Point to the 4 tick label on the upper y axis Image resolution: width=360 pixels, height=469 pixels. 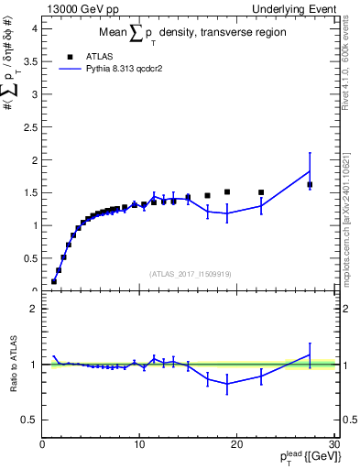coord(33,28)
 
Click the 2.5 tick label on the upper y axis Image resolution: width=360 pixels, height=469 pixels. coord(29,126)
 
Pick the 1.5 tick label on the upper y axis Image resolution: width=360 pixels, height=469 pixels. coord(29,192)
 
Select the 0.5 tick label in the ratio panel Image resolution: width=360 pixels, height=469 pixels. coord(29,420)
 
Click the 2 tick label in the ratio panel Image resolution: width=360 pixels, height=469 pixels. coord(33,309)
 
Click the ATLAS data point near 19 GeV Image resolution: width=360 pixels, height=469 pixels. coord(227,192)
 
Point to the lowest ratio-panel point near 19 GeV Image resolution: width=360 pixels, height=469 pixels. coord(227,384)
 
